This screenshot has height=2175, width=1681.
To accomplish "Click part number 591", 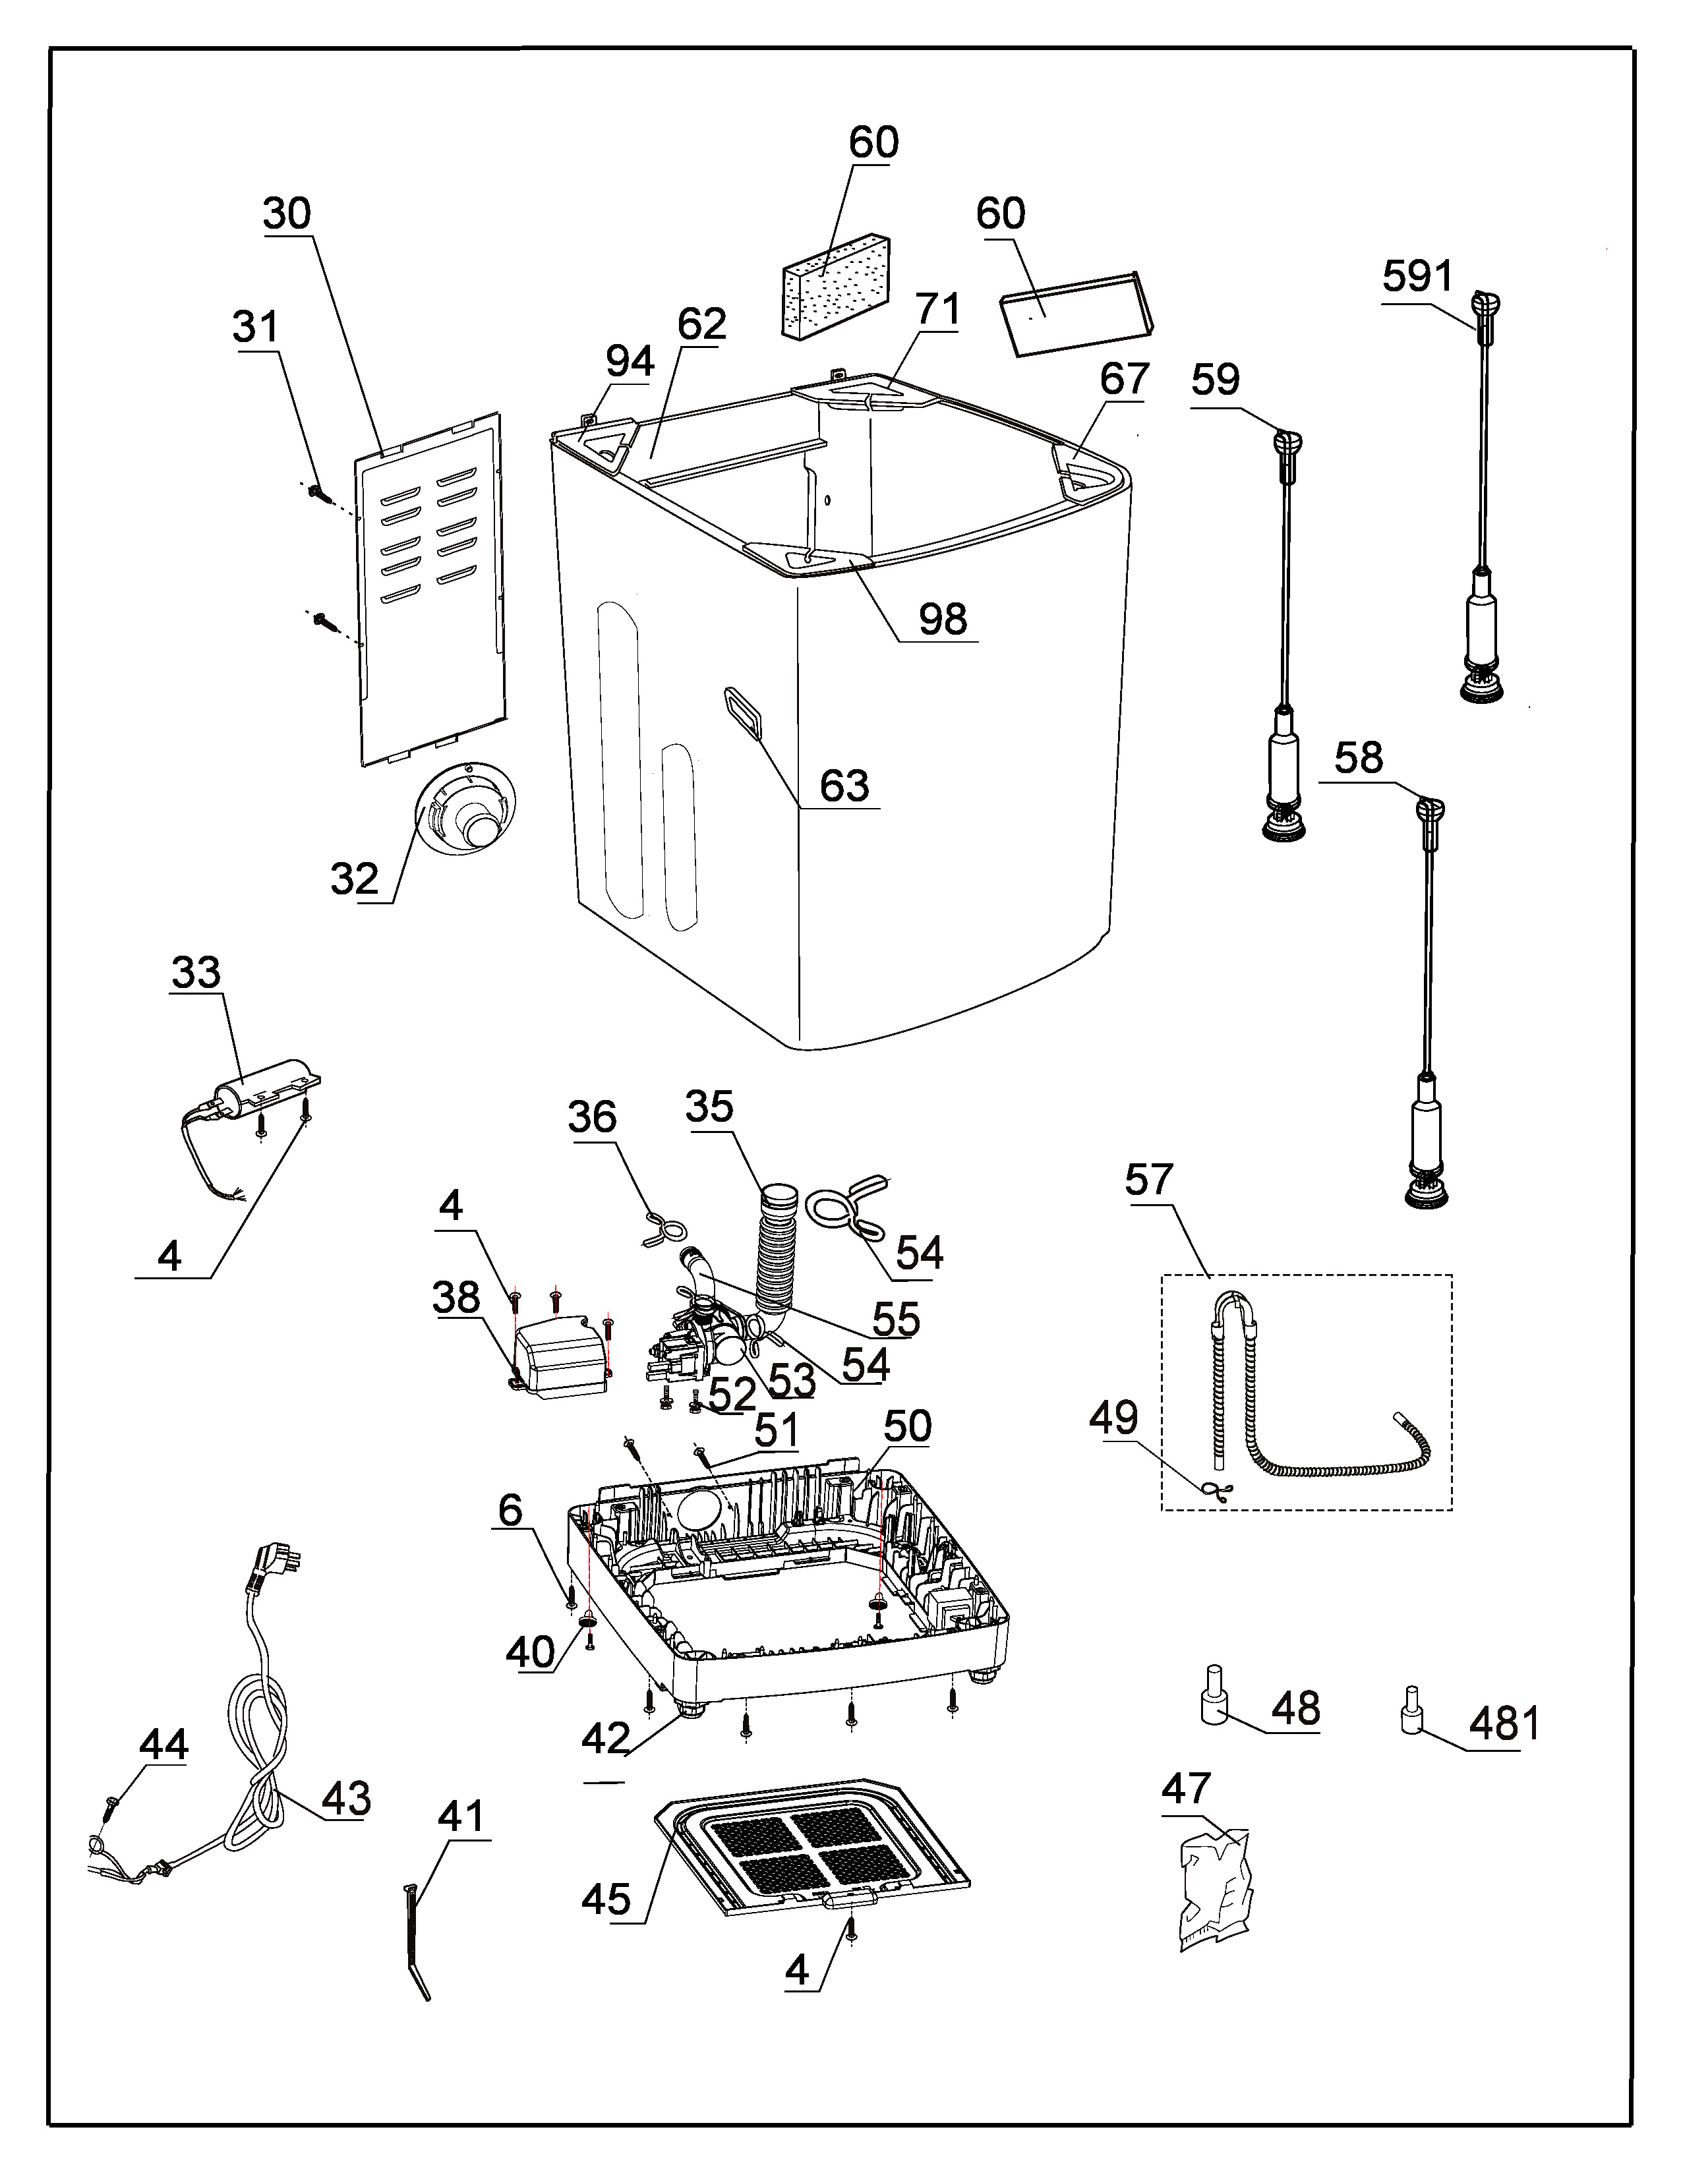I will point(1417,276).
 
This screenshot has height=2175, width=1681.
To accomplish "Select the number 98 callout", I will point(942,620).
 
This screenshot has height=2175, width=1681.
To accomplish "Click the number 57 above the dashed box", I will point(1149,1180).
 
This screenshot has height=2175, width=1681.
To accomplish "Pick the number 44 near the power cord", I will point(163,1745).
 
